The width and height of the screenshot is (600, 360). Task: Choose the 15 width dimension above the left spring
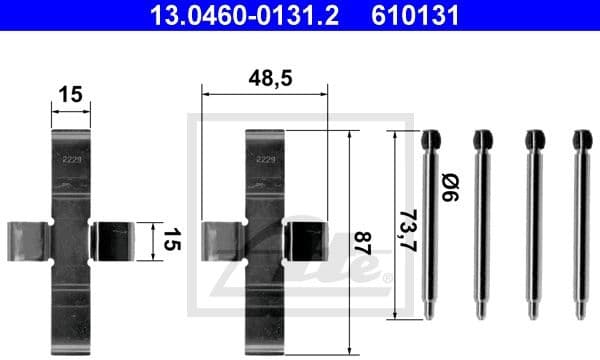coord(70,97)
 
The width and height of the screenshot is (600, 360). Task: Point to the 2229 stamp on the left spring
coord(70,158)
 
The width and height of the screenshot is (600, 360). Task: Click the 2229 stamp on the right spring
coord(266,158)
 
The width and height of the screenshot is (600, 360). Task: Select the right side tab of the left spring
coord(111,241)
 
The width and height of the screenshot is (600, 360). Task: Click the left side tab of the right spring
coord(223,241)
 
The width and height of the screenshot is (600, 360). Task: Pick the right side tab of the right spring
coord(305,241)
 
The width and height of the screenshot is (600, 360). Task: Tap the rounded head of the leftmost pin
coord(431,137)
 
